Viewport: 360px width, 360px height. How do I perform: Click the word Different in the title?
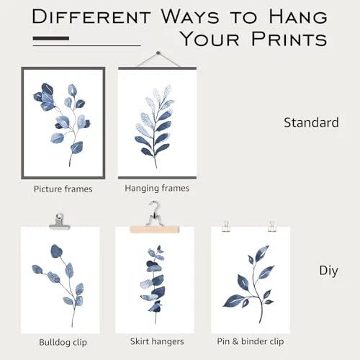point(91,17)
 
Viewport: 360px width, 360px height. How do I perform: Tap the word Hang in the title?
point(298,17)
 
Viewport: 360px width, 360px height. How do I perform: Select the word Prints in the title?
point(289,39)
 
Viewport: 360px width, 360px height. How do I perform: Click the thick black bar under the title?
point(51,38)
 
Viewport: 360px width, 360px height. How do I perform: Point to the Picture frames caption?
point(63,189)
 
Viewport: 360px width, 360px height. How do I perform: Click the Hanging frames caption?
point(157,189)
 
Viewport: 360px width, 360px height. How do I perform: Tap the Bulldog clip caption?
point(63,342)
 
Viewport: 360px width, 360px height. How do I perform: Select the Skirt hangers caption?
point(157,341)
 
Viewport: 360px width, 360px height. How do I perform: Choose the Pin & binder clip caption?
point(251,341)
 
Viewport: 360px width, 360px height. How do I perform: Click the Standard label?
point(311,122)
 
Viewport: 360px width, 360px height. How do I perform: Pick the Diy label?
point(328,271)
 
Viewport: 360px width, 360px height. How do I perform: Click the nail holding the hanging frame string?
point(158,53)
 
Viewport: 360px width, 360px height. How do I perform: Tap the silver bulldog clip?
point(59,222)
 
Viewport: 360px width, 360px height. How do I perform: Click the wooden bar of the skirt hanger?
point(155,229)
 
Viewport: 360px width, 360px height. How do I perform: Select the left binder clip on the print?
point(226,226)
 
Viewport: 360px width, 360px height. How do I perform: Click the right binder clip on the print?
point(272,226)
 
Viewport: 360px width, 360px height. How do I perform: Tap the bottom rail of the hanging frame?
point(157,178)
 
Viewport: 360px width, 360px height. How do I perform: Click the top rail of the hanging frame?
point(157,68)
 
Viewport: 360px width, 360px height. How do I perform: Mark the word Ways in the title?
point(190,17)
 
